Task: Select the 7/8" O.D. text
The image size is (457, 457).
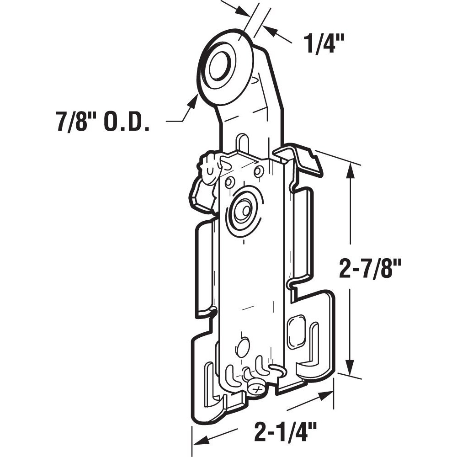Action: click(103, 122)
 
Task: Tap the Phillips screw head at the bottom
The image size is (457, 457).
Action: click(257, 388)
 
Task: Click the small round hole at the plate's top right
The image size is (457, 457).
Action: click(259, 172)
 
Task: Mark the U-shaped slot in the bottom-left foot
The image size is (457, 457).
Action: click(210, 382)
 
